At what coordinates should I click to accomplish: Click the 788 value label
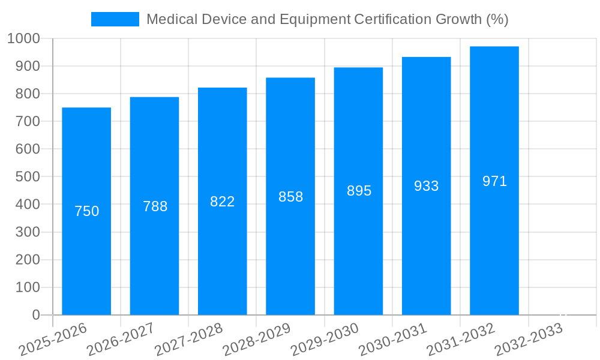155,206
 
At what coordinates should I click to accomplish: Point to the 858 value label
291,197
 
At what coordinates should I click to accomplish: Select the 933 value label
427,186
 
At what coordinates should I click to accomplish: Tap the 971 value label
494,181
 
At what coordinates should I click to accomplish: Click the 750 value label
86,211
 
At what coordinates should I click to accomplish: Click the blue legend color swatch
115,19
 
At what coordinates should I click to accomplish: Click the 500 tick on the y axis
28,177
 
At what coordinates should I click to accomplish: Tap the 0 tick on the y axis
35,315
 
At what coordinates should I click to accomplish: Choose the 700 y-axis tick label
28,121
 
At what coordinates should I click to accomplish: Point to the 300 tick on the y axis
28,232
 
